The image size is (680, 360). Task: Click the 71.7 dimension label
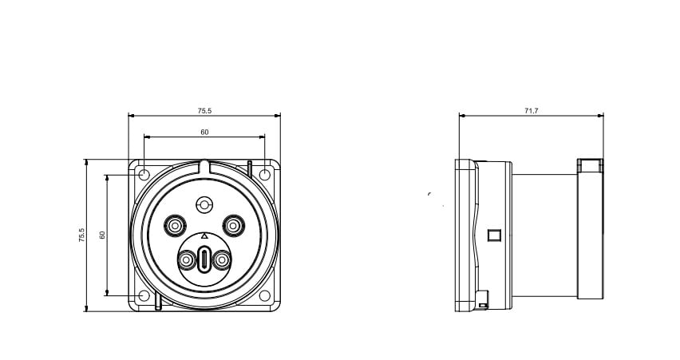531,111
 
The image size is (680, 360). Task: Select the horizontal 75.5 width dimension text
204,111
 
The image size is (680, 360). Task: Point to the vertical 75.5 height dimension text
82,235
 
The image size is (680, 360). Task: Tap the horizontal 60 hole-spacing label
204,133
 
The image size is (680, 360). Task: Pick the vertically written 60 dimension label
102,235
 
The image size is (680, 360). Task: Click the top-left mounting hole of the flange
144,175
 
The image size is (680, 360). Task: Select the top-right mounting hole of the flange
264,175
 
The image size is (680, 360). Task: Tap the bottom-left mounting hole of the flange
144,296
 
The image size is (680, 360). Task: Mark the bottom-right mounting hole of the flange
264,296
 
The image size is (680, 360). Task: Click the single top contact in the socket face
204,204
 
